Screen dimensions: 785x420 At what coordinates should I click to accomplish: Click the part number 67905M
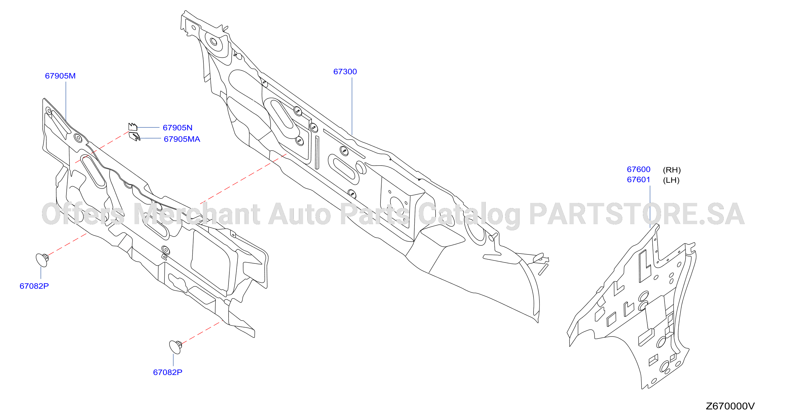60,76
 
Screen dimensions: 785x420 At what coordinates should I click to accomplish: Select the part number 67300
345,71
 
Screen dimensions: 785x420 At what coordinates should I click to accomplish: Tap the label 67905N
177,128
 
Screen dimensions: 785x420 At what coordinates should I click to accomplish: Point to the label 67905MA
182,139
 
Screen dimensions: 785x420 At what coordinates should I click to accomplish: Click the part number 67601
638,179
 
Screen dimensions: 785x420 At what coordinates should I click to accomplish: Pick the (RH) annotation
672,170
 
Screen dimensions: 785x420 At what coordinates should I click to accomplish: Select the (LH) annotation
671,180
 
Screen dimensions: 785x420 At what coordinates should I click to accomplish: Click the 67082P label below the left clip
34,286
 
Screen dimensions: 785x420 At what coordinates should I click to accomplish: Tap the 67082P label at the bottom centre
168,372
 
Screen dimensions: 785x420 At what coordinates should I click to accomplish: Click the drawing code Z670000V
730,406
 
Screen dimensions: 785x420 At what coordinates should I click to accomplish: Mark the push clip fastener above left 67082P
42,260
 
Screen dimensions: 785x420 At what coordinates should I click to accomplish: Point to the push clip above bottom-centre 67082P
175,347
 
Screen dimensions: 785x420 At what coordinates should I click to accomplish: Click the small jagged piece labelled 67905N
132,127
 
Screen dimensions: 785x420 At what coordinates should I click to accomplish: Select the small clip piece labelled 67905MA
134,136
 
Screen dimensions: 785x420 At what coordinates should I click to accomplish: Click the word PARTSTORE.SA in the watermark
637,214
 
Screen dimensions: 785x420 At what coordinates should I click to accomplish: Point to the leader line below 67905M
66,101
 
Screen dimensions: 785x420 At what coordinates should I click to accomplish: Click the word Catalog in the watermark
469,215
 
